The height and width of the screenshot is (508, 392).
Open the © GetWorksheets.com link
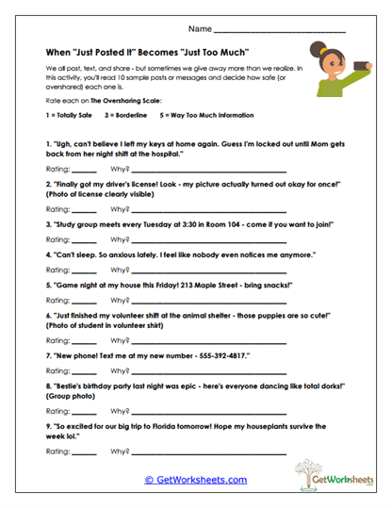(195, 480)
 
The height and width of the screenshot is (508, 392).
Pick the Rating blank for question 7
(84, 370)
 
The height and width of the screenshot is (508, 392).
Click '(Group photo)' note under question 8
(72, 397)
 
